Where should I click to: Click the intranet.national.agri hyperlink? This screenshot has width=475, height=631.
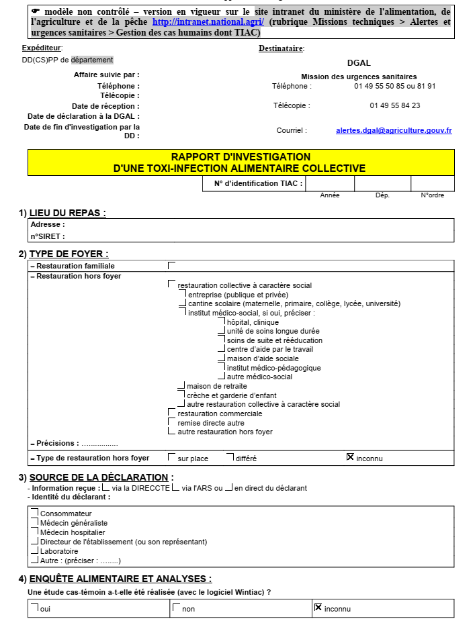(x=208, y=21)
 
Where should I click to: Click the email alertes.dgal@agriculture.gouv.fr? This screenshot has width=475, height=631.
(x=394, y=130)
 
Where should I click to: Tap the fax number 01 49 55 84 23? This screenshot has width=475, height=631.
(x=394, y=105)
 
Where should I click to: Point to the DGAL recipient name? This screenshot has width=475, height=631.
(x=359, y=63)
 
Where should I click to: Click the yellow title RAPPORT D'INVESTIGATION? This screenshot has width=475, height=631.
(x=241, y=157)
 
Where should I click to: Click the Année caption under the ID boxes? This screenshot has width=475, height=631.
(x=330, y=195)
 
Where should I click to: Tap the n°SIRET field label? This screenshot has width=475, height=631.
(x=48, y=236)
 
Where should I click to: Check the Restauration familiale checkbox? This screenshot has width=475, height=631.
(x=172, y=266)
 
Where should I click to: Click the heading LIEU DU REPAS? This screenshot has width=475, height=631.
(x=67, y=213)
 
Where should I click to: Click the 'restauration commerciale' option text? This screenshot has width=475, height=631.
(x=216, y=414)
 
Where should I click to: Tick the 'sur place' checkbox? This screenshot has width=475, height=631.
(x=172, y=458)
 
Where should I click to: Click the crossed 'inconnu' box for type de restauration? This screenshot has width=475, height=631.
(x=350, y=457)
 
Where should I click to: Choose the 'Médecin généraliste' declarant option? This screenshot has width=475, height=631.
(x=73, y=523)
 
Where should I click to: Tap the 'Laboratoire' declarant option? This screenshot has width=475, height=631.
(x=59, y=551)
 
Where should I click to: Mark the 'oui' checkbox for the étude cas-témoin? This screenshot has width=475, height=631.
(x=34, y=608)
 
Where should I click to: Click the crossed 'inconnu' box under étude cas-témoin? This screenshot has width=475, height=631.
(x=318, y=608)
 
